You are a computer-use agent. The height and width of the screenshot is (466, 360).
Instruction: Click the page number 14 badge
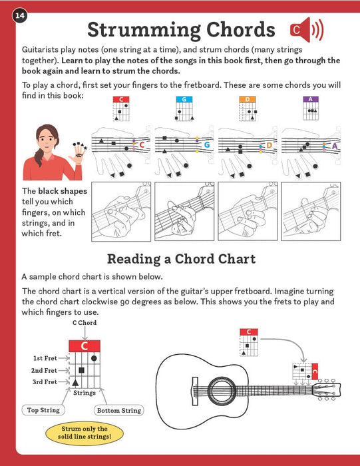click(x=19, y=15)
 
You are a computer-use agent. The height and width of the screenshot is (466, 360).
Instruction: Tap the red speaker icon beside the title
click(x=307, y=30)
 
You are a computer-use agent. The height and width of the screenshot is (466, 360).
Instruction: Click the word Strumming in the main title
click(x=144, y=30)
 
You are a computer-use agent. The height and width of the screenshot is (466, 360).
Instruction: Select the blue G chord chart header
click(x=184, y=99)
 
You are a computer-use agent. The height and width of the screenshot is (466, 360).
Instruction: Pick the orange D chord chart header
click(x=248, y=99)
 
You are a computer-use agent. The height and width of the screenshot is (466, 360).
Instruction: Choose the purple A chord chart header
click(x=311, y=99)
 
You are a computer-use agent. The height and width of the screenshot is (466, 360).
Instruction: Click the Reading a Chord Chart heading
click(x=181, y=259)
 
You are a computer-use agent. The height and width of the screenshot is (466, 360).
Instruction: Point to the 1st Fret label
click(x=45, y=358)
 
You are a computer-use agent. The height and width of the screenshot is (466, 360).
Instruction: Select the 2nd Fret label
click(x=44, y=370)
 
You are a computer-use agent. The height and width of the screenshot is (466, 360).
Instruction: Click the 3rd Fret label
click(x=45, y=382)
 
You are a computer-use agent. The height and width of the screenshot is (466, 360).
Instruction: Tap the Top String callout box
click(x=43, y=410)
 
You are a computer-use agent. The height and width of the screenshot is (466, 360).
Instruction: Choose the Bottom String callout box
click(x=119, y=411)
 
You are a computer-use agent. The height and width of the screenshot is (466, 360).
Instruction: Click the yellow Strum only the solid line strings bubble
click(x=85, y=433)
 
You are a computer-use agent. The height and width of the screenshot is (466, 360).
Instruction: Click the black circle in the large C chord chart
click(x=94, y=358)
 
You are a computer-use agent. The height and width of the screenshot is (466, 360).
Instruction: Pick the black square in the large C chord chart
click(x=81, y=370)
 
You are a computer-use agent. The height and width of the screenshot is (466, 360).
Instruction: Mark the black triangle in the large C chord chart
click(x=75, y=383)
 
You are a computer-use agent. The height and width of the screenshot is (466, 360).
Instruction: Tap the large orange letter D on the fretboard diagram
click(x=269, y=145)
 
